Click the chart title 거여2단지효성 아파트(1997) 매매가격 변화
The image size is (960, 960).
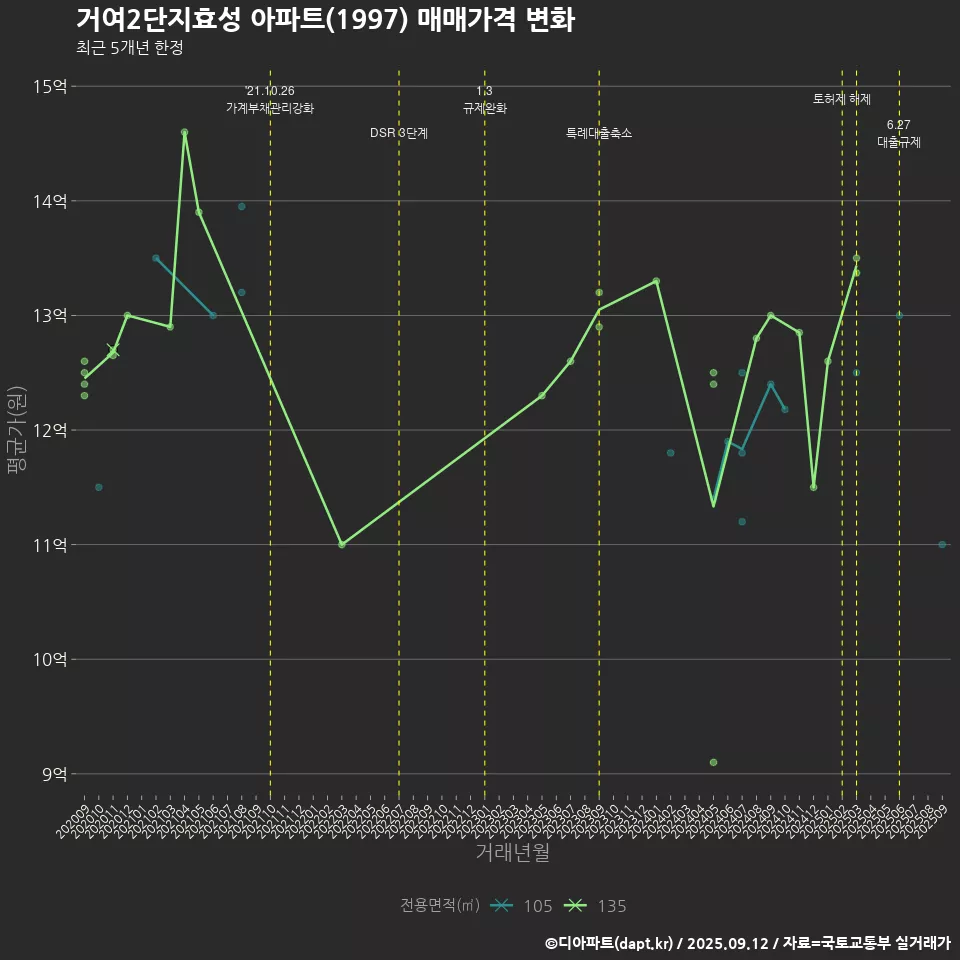click(x=325, y=20)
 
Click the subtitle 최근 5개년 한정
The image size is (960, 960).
click(x=129, y=48)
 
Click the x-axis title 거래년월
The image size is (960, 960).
click(x=512, y=853)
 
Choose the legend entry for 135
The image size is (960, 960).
click(x=598, y=906)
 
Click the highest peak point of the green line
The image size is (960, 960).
click(x=185, y=132)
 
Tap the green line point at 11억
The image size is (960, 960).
click(x=342, y=544)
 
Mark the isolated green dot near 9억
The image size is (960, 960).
click(x=713, y=762)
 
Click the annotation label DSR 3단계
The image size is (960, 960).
click(x=399, y=133)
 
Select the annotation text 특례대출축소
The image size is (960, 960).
click(x=599, y=133)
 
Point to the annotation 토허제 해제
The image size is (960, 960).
click(x=842, y=99)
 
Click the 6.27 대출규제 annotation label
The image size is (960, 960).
click(x=899, y=134)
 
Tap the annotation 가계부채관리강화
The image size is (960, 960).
click(x=270, y=108)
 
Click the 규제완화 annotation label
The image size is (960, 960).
click(x=485, y=108)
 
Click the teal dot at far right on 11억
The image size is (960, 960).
click(x=942, y=544)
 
